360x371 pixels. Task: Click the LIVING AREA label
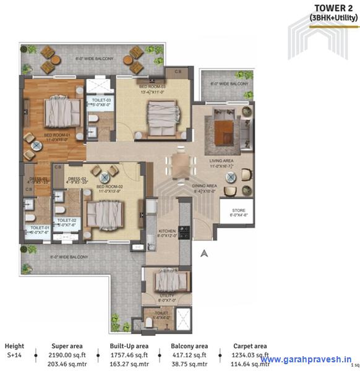click(x=221, y=162)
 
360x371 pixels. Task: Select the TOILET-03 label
click(x=101, y=100)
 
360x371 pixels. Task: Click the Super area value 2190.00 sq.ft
click(x=66, y=356)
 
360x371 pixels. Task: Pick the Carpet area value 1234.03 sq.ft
click(x=250, y=356)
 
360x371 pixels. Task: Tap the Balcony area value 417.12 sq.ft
click(x=189, y=356)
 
